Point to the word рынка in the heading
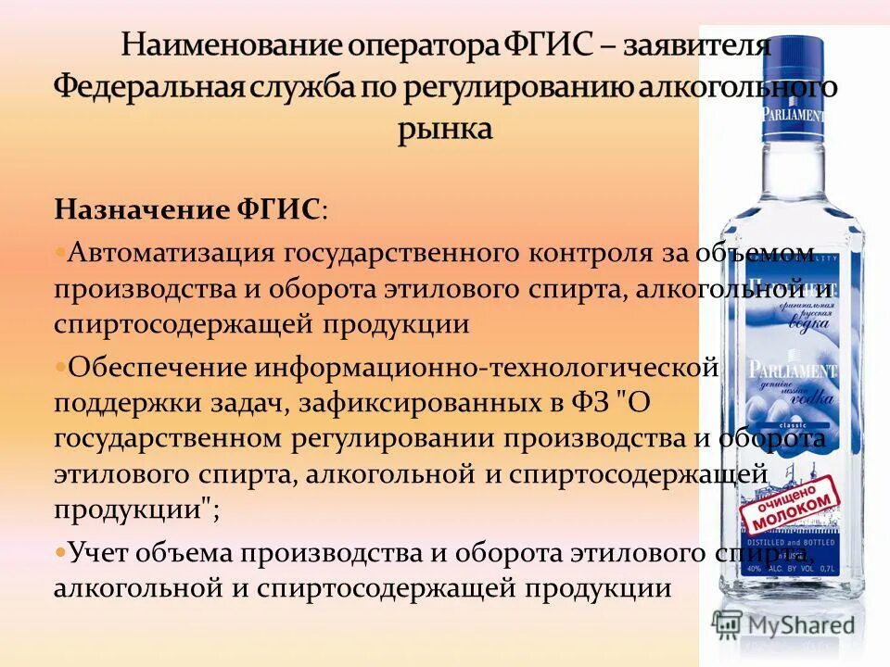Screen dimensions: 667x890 (x=445, y=128)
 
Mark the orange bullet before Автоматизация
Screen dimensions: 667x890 (x=60, y=251)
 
